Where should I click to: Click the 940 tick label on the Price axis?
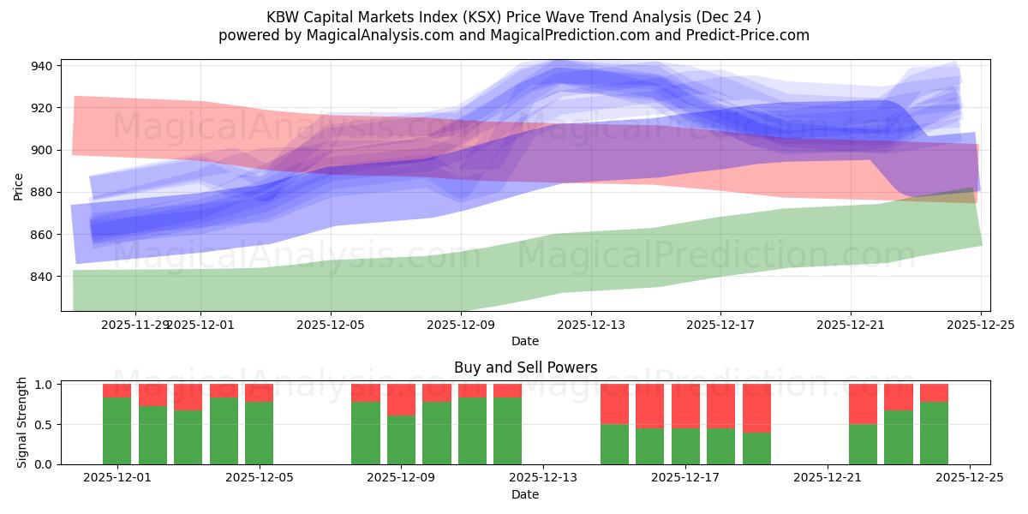click(x=42, y=66)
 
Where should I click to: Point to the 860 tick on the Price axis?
click(x=42, y=235)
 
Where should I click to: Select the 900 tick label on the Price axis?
click(x=42, y=150)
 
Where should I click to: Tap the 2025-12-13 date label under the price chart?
click(x=590, y=326)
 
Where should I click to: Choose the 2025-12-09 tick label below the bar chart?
click(x=401, y=478)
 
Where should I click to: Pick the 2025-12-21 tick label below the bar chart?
click(x=828, y=478)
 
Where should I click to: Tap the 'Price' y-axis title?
click(x=19, y=185)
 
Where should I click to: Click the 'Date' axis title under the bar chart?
click(x=525, y=494)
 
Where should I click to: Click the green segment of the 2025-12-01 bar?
click(x=117, y=431)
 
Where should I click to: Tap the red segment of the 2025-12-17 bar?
click(x=685, y=405)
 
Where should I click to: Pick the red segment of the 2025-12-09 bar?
click(x=401, y=399)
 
